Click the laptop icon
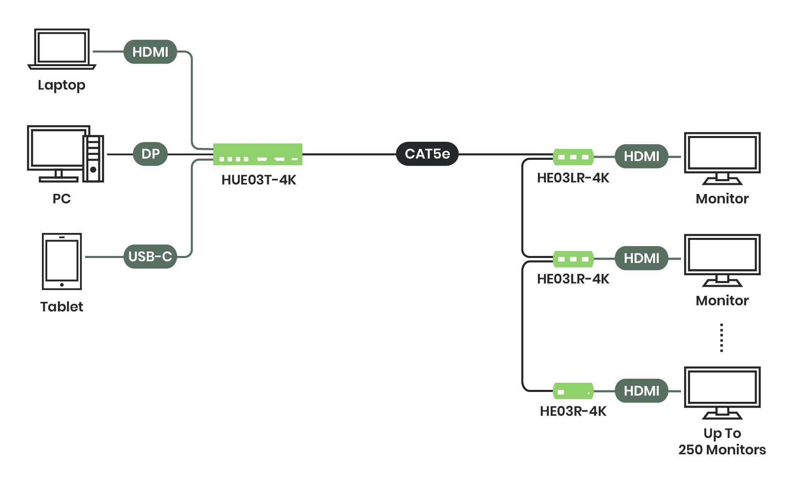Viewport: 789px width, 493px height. click(62, 48)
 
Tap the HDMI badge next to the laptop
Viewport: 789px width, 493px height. click(150, 52)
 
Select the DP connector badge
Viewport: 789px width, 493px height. click(150, 154)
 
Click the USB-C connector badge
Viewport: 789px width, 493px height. click(150, 257)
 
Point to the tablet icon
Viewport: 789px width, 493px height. click(62, 261)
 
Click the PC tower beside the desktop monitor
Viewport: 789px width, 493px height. click(93, 159)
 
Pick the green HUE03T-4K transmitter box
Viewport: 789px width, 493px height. click(258, 154)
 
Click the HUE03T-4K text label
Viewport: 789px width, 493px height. click(259, 180)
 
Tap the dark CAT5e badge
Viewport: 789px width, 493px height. click(427, 154)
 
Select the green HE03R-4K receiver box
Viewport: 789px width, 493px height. click(573, 391)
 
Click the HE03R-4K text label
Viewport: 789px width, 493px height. click(573, 411)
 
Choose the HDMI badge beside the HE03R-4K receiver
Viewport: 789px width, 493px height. click(641, 391)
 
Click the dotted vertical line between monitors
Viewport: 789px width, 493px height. click(722, 338)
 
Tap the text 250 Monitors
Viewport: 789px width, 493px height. click(722, 450)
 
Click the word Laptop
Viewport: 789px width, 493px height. click(62, 85)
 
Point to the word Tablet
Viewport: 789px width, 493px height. click(62, 307)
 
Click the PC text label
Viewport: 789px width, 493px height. click(62, 199)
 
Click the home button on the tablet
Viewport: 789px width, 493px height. click(62, 285)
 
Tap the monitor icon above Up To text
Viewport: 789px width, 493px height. click(722, 392)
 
